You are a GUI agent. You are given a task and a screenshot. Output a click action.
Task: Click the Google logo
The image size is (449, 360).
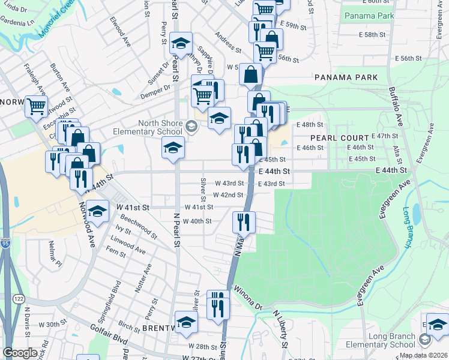coord(20,352)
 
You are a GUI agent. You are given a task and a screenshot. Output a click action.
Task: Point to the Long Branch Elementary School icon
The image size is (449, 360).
coord(425,340)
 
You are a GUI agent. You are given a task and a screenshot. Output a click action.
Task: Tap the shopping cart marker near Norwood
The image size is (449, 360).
coord(36,106)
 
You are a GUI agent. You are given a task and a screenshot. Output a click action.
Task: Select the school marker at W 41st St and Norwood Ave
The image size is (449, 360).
coord(97,211)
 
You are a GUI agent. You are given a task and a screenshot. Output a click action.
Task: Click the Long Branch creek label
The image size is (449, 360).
coord(408,227)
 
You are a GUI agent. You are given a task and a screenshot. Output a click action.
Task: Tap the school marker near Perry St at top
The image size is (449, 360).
coord(180,44)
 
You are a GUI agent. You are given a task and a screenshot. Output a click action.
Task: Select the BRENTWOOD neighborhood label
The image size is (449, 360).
coord(157,329)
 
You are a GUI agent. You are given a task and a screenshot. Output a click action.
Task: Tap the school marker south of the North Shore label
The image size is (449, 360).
coord(173,148)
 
